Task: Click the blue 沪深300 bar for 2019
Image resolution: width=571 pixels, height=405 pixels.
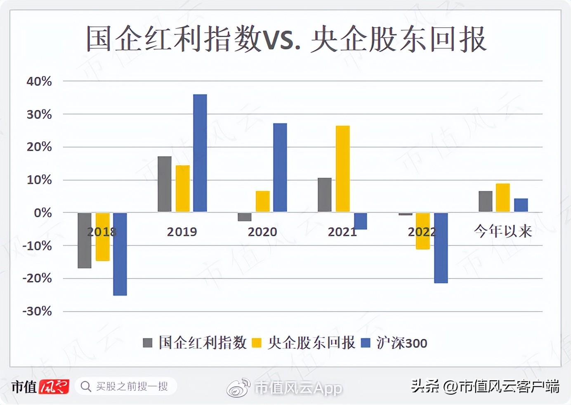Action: tap(200, 153)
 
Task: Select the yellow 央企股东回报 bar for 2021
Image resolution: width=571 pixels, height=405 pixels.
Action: tap(342, 169)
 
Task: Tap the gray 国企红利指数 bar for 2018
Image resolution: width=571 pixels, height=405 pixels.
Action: tap(85, 240)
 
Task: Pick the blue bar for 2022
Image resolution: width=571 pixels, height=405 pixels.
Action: tap(441, 248)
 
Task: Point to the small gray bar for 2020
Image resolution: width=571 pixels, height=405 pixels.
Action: tap(244, 217)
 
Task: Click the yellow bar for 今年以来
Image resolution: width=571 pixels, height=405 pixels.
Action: tap(503, 198)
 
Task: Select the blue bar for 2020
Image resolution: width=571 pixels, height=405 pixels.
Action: tap(280, 167)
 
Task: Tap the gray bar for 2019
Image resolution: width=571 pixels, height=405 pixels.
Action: tap(164, 184)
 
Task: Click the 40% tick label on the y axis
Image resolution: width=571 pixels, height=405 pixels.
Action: tap(39, 81)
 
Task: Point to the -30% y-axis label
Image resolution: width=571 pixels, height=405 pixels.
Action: tap(37, 311)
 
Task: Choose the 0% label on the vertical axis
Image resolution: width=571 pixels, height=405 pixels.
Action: tap(42, 213)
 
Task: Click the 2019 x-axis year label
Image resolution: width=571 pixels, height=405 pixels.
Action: tap(182, 232)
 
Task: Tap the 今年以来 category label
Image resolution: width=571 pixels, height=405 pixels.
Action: tap(503, 231)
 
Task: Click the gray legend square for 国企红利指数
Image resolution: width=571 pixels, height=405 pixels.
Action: tap(147, 343)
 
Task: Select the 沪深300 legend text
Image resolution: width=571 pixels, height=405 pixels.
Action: tap(401, 343)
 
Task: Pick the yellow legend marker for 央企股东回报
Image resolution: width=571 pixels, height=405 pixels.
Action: tap(257, 343)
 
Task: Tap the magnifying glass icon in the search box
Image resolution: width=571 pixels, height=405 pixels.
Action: tap(86, 386)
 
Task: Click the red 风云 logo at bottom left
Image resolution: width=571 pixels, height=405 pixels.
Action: tap(54, 387)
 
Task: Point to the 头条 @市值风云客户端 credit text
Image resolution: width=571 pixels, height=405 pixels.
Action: tap(485, 386)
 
